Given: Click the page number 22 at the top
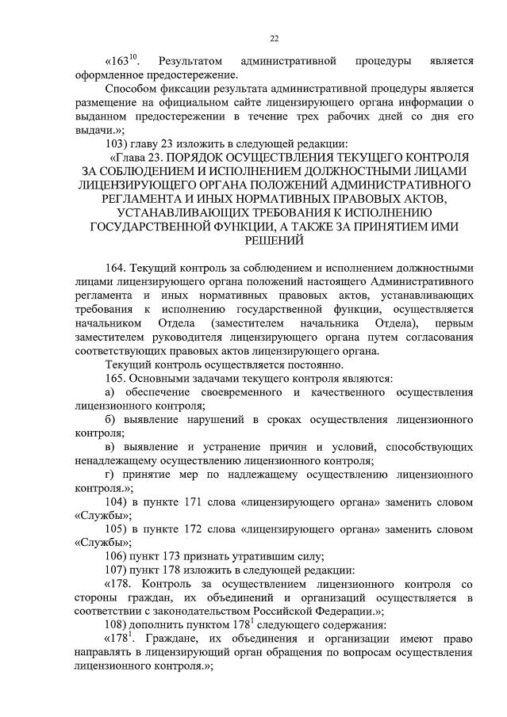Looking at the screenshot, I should pos(274,37).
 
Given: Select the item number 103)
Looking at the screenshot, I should pos(121,144).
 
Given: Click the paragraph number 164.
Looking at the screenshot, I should pos(116,268).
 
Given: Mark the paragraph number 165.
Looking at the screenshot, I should pos(116,379).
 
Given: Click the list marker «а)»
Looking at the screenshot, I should pos(111,392).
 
